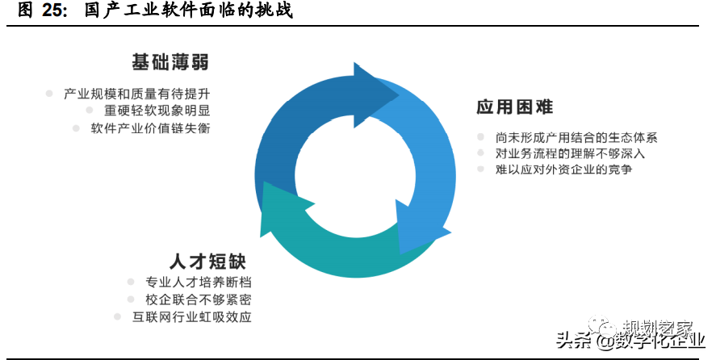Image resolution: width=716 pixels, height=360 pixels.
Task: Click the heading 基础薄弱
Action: [170, 62]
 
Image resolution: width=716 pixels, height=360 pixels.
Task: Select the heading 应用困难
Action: [515, 107]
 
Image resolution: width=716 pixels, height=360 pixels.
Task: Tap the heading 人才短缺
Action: [207, 262]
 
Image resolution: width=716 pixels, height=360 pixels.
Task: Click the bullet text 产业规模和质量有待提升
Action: [137, 94]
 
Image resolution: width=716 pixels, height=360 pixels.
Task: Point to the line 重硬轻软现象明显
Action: [157, 111]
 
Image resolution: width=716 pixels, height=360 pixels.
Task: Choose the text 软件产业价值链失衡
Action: [151, 128]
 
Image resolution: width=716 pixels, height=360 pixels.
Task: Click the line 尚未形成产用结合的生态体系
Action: [576, 137]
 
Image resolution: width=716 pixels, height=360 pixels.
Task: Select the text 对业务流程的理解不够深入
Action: [571, 153]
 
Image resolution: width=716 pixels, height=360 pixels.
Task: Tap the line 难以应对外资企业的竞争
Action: [564, 170]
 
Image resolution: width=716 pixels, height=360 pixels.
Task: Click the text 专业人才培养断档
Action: [199, 283]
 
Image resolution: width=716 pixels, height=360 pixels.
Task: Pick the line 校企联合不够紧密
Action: [199, 299]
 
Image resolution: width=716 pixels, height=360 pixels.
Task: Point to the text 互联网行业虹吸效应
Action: [192, 317]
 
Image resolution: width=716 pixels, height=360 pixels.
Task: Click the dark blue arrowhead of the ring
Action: [374, 95]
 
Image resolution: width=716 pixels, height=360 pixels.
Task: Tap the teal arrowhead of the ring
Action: [283, 208]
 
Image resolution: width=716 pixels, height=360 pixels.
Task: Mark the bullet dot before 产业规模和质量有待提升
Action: [49, 94]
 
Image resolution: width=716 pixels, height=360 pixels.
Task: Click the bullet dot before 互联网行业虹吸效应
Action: [117, 316]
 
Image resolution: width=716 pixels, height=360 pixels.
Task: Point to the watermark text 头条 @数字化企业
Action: [631, 341]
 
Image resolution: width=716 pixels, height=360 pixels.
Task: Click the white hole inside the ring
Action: [355, 175]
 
